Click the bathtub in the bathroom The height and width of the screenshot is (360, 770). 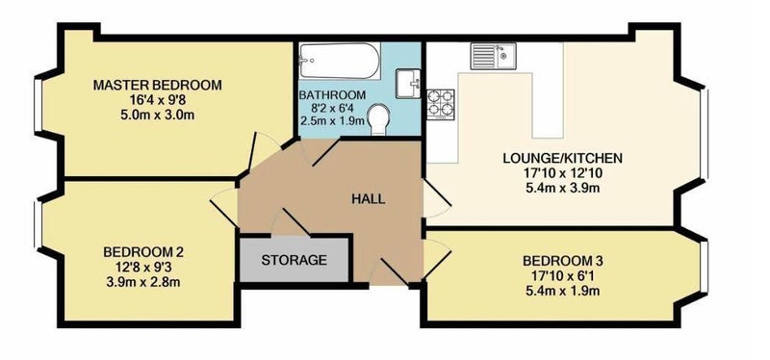[339, 61]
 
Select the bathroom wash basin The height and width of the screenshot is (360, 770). [408, 84]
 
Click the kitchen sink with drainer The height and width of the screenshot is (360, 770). [493, 56]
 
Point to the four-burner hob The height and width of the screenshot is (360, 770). [441, 105]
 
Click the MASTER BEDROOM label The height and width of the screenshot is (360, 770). [158, 85]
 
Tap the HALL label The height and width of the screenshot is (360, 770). [369, 199]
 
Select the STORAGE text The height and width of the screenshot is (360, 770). [294, 260]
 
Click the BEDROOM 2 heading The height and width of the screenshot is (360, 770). [143, 252]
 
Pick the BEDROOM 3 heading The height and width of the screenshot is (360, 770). [562, 260]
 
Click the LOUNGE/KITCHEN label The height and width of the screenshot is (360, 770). [562, 158]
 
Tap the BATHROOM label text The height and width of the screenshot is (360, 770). [332, 94]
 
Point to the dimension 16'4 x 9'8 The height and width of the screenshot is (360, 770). [158, 100]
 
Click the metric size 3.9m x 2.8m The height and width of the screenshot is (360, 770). [143, 282]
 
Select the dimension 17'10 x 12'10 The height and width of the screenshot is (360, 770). [562, 173]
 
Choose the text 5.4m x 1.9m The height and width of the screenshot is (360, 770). [562, 291]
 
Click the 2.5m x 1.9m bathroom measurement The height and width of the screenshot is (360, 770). [332, 119]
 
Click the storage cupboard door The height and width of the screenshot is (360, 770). [292, 222]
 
